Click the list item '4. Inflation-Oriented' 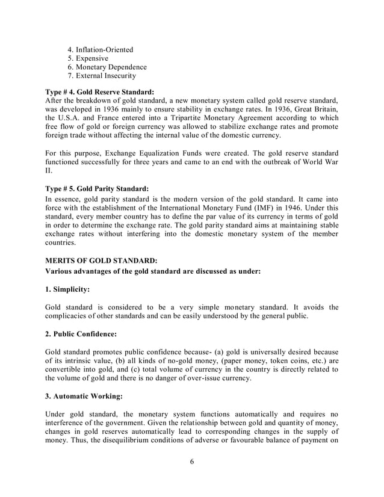(100, 49)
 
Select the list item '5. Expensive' (88, 58)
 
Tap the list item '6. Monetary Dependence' (107, 67)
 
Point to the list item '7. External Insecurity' (101, 76)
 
